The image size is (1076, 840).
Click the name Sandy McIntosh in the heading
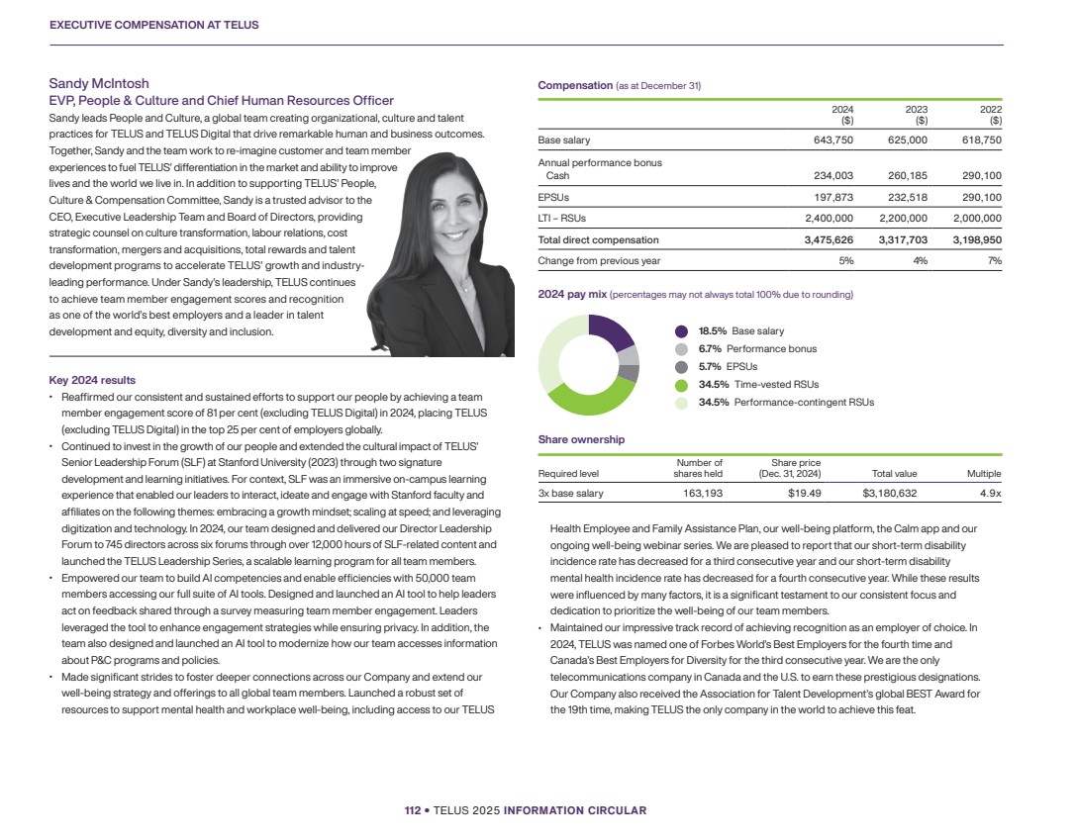pos(99,84)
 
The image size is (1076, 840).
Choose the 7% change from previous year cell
pos(995,260)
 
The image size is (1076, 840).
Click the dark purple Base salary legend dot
pos(681,331)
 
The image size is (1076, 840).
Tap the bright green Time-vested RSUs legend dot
pos(681,385)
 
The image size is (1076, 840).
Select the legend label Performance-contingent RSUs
pos(804,403)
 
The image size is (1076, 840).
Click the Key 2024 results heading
pos(92,380)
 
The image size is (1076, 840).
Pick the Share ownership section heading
pos(581,439)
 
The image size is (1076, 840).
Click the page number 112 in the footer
pos(413,810)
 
